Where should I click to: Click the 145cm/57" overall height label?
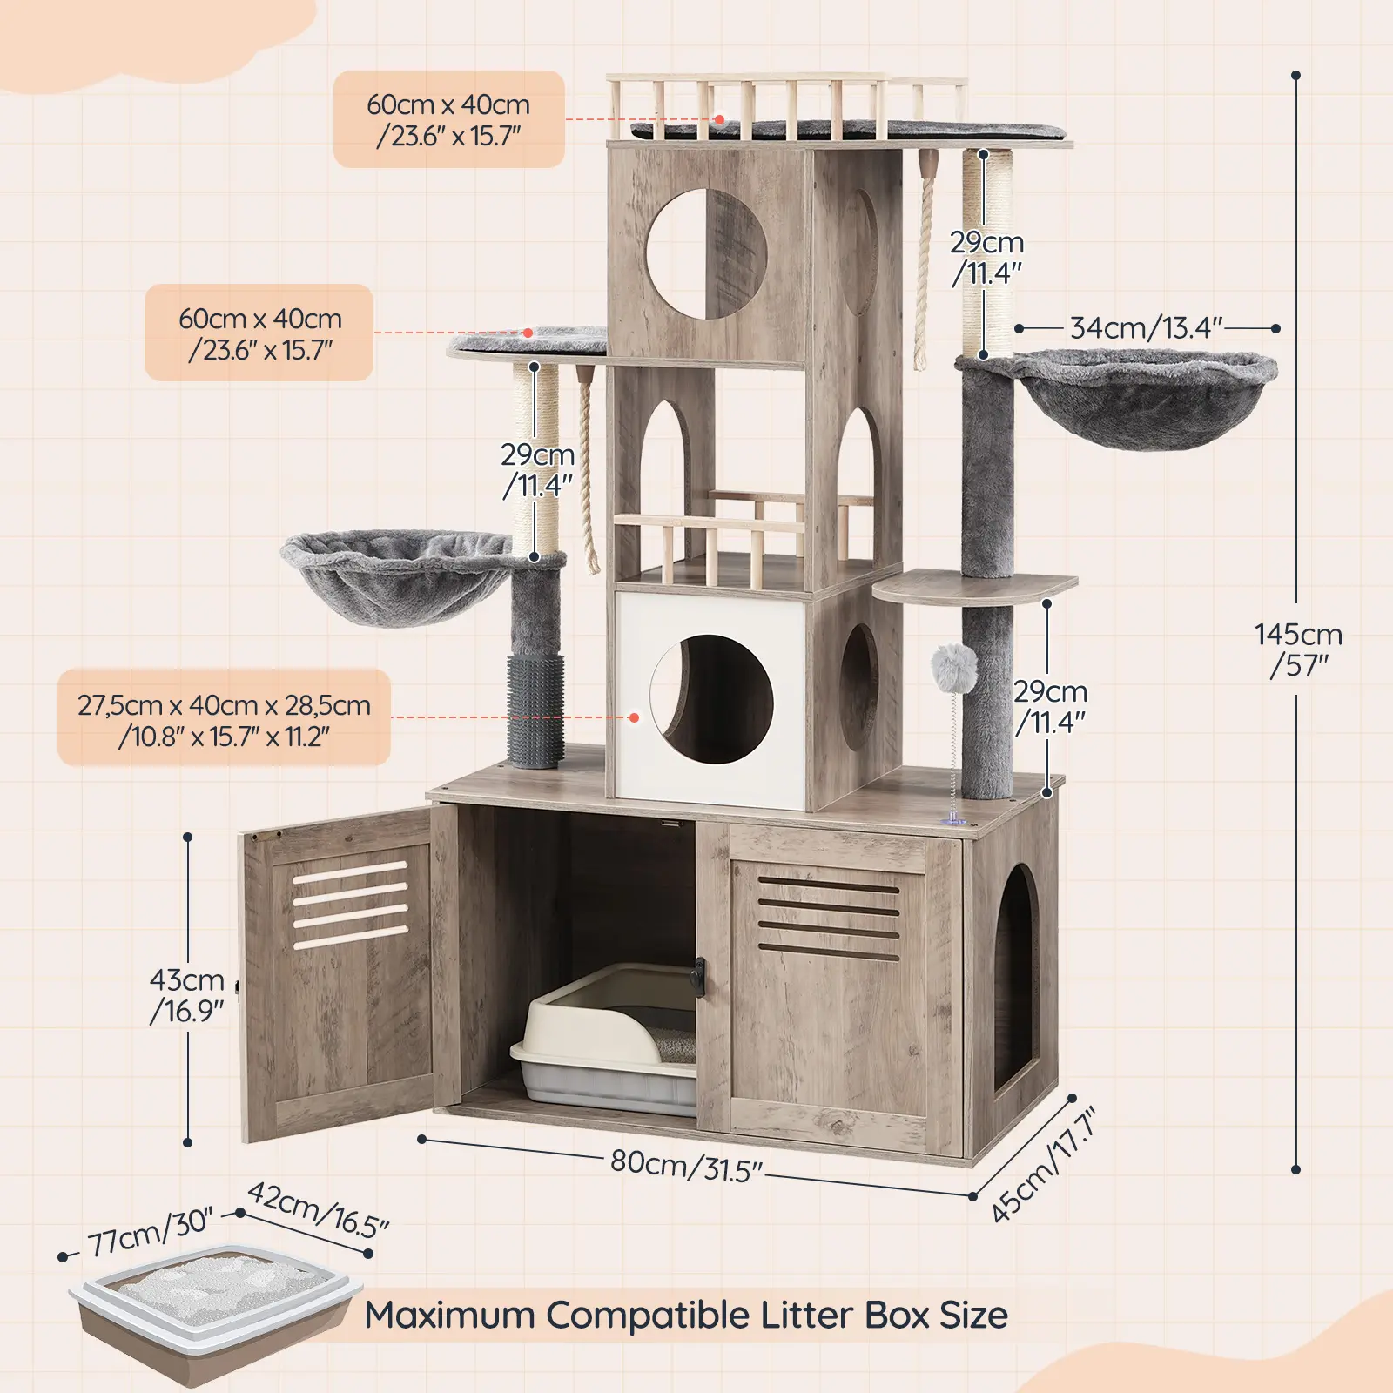[x=1298, y=649]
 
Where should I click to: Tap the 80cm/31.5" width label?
[x=686, y=1165]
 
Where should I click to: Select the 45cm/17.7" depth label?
[x=1043, y=1165]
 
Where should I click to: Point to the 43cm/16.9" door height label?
[x=187, y=995]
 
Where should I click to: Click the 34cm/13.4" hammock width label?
[x=1146, y=328]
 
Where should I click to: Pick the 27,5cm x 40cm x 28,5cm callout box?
[x=224, y=717]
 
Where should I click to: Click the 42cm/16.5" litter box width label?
[x=318, y=1209]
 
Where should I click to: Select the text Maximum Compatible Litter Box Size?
[x=686, y=1315]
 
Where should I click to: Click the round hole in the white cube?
[x=711, y=699]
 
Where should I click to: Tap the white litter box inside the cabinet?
[x=605, y=1040]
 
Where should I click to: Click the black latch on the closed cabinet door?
[x=697, y=976]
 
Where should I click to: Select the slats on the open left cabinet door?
[x=350, y=904]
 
